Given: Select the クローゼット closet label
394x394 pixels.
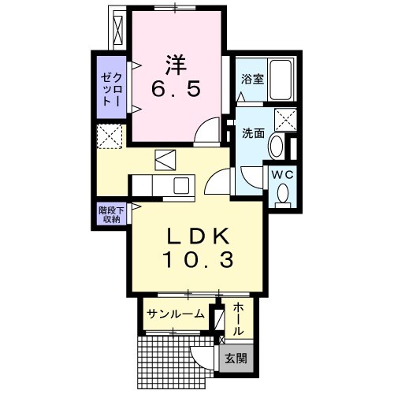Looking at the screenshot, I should point(111,89).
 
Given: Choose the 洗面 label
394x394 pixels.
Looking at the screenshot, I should point(252,133).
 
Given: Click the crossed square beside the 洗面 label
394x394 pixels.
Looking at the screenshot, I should point(284,120).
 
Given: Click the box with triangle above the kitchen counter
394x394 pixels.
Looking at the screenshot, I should point(166,159).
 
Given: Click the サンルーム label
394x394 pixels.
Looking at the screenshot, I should point(174,314).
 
